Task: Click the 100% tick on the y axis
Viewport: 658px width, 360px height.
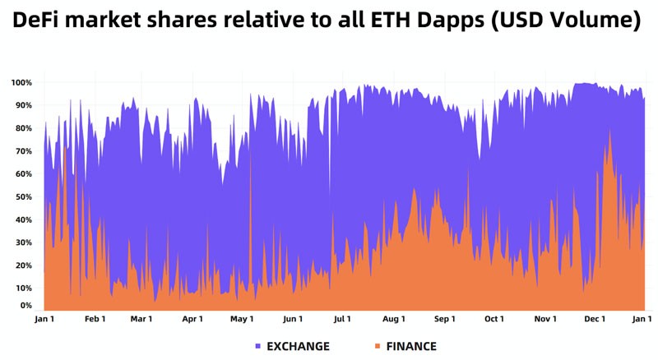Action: [x=21, y=83]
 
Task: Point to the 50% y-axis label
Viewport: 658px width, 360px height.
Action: [x=23, y=197]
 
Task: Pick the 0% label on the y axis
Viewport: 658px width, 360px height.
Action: [x=26, y=305]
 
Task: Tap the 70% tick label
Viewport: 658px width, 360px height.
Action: [x=23, y=151]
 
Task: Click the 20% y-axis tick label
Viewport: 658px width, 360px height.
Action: [x=23, y=265]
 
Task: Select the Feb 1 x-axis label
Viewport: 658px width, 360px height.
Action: [x=95, y=319]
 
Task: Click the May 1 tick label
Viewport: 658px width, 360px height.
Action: [x=242, y=319]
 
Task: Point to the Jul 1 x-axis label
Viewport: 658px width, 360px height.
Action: [x=342, y=319]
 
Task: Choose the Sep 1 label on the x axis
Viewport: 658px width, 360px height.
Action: [x=444, y=319]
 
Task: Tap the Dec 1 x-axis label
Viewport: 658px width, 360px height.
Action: [x=595, y=319]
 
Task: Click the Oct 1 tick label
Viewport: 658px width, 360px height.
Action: [x=494, y=319]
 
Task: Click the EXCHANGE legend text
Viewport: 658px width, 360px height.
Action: [x=299, y=346]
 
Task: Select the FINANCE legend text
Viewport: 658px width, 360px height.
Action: [x=409, y=346]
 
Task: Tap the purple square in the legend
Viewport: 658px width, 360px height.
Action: [x=258, y=346]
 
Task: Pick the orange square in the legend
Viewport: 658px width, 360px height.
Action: [x=378, y=346]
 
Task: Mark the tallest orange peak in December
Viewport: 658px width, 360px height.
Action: [x=609, y=132]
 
